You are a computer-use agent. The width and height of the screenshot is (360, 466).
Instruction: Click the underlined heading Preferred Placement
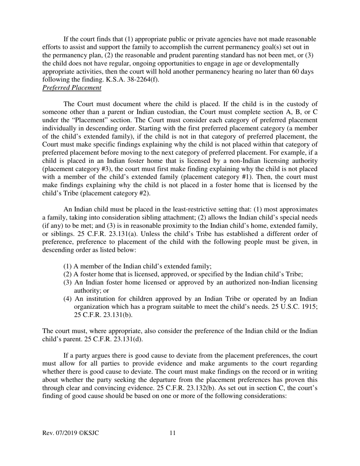72,88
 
